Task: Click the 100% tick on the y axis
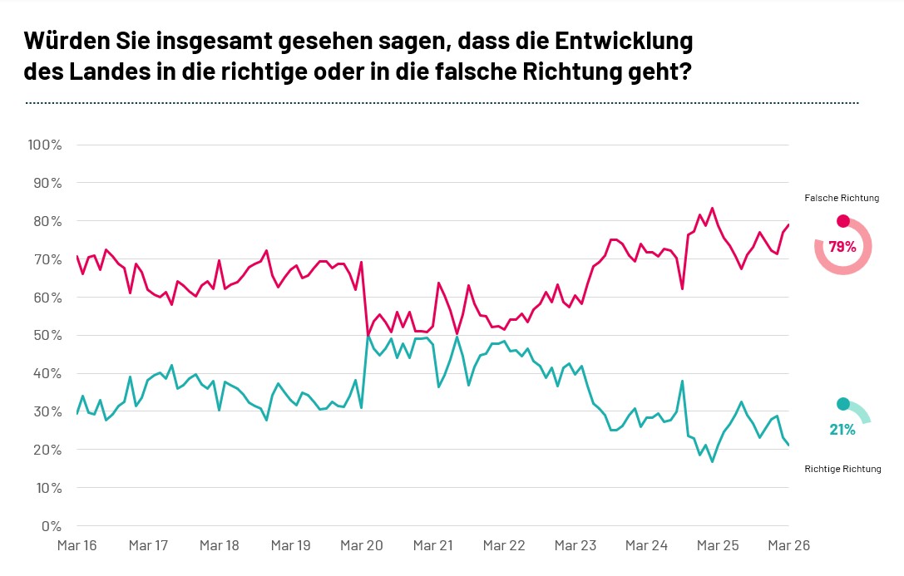tap(45, 145)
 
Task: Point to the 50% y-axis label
tap(47, 336)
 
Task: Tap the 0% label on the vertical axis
tap(51, 526)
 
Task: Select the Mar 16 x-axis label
tap(77, 546)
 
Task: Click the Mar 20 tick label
tap(362, 546)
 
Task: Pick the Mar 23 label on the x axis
tap(575, 546)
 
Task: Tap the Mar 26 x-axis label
tap(788, 546)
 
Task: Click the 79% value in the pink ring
tap(842, 247)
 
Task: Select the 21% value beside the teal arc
tap(842, 430)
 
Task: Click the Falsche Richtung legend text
tap(842, 199)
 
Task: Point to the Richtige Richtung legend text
tap(842, 470)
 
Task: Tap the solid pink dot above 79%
tap(842, 221)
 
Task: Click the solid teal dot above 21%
tap(842, 404)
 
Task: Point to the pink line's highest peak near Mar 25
tap(712, 208)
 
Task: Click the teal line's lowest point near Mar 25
tap(712, 461)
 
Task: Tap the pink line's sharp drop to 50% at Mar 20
tap(368, 336)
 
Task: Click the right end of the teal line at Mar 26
tap(788, 446)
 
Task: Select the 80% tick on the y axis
tap(47, 221)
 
